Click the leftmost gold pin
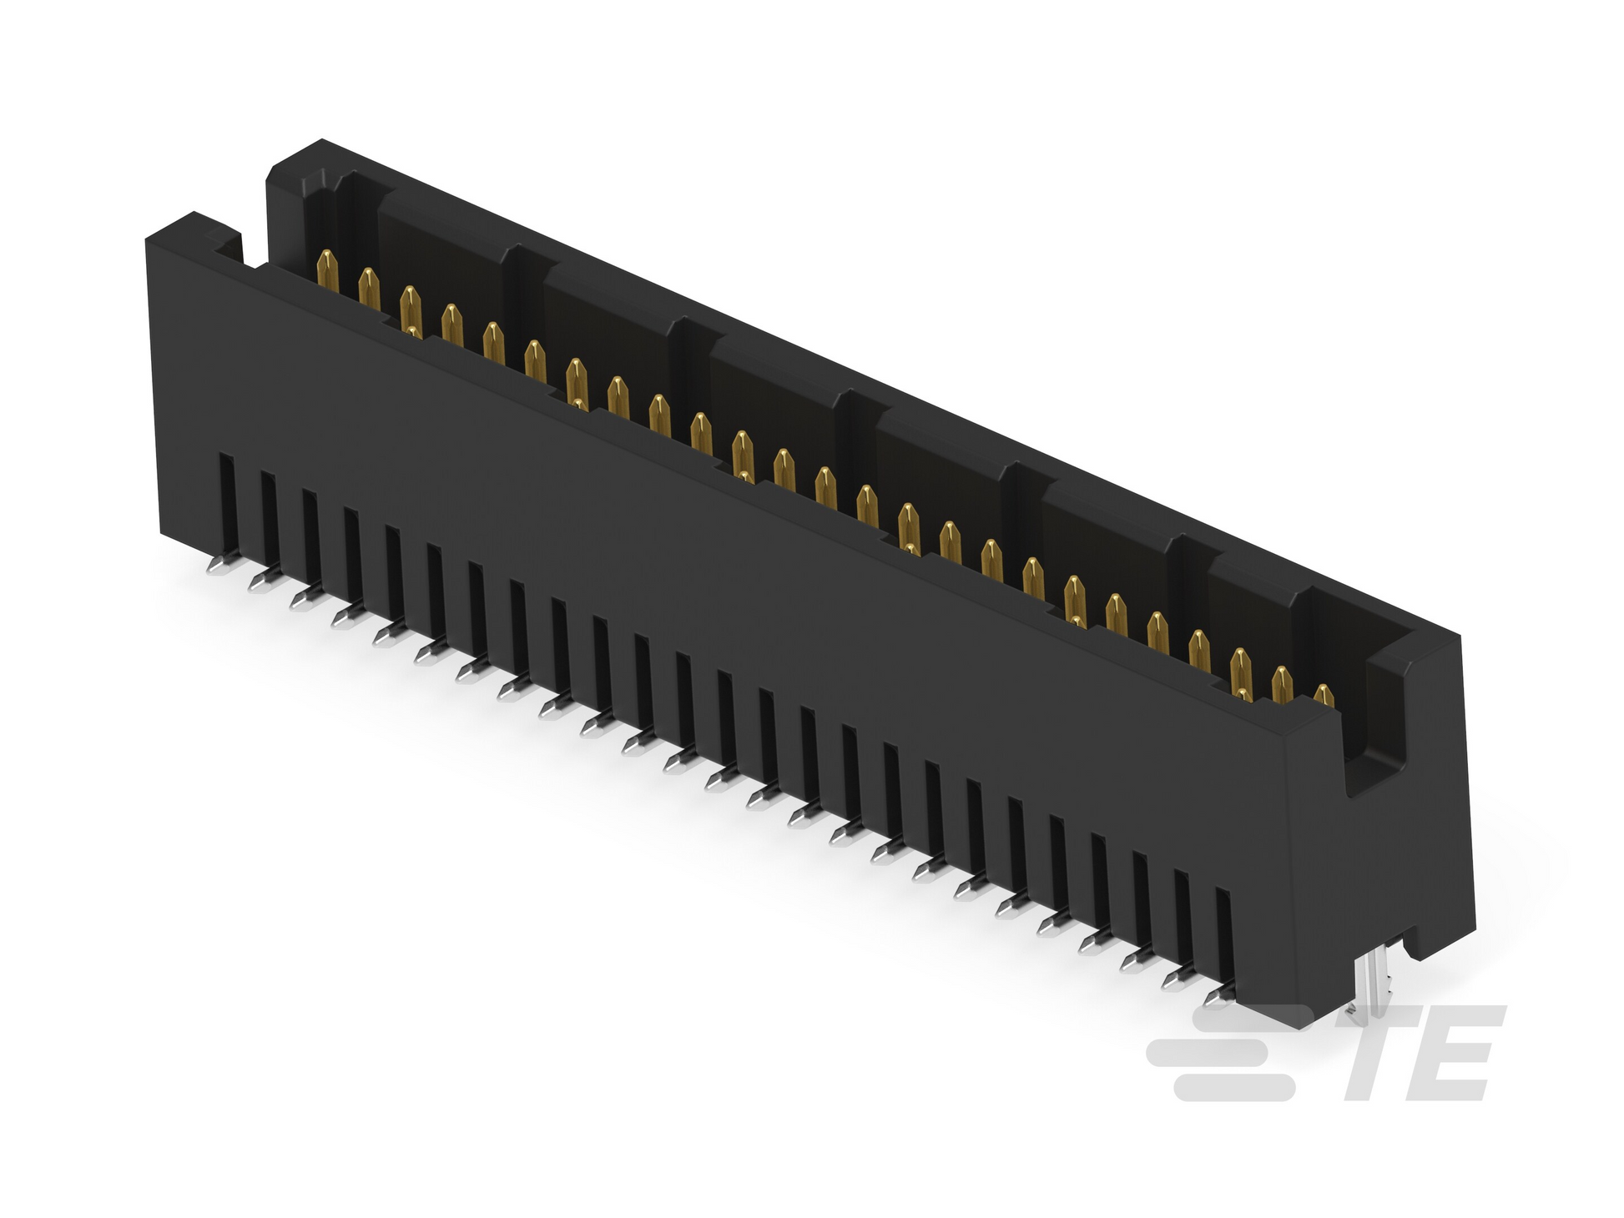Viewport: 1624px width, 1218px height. point(328,269)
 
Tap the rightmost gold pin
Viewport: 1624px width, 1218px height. point(1324,695)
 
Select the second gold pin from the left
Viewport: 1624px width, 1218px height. point(369,288)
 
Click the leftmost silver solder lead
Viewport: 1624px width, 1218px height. point(219,566)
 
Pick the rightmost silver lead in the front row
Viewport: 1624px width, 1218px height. point(1219,994)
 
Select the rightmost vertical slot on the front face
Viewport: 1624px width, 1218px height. point(1224,937)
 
